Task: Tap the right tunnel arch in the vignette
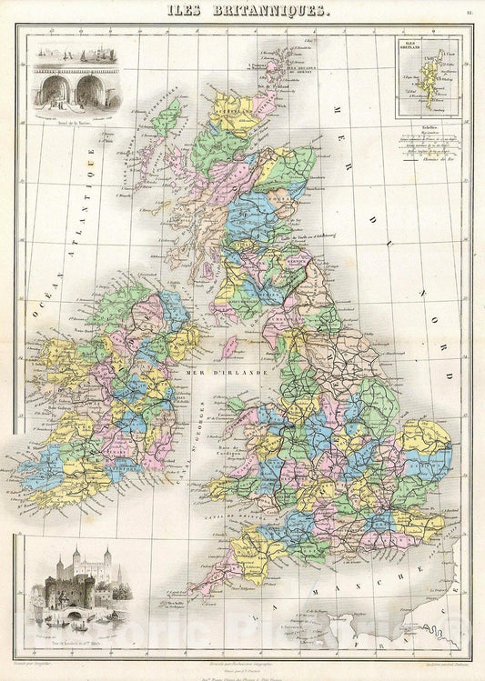86,90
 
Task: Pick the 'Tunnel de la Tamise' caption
71,112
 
